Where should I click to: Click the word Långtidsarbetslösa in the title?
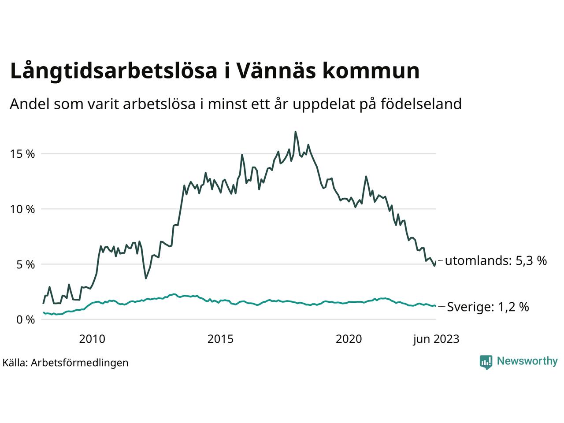pyautogui.click(x=113, y=71)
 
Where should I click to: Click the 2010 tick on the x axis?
pyautogui.click(x=92, y=339)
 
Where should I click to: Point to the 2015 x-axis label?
pyautogui.click(x=220, y=339)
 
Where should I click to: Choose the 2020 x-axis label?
pyautogui.click(x=349, y=339)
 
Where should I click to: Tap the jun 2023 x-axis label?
pyautogui.click(x=436, y=339)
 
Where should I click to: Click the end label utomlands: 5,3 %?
pyautogui.click(x=496, y=261)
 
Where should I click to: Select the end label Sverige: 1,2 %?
pyautogui.click(x=488, y=307)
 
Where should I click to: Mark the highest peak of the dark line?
pyautogui.click(x=295, y=132)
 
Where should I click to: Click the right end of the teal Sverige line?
pyautogui.click(x=435, y=306)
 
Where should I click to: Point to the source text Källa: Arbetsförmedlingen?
pyautogui.click(x=65, y=363)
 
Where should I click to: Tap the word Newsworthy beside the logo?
pyautogui.click(x=527, y=361)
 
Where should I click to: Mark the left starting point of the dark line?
pyautogui.click(x=43, y=303)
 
